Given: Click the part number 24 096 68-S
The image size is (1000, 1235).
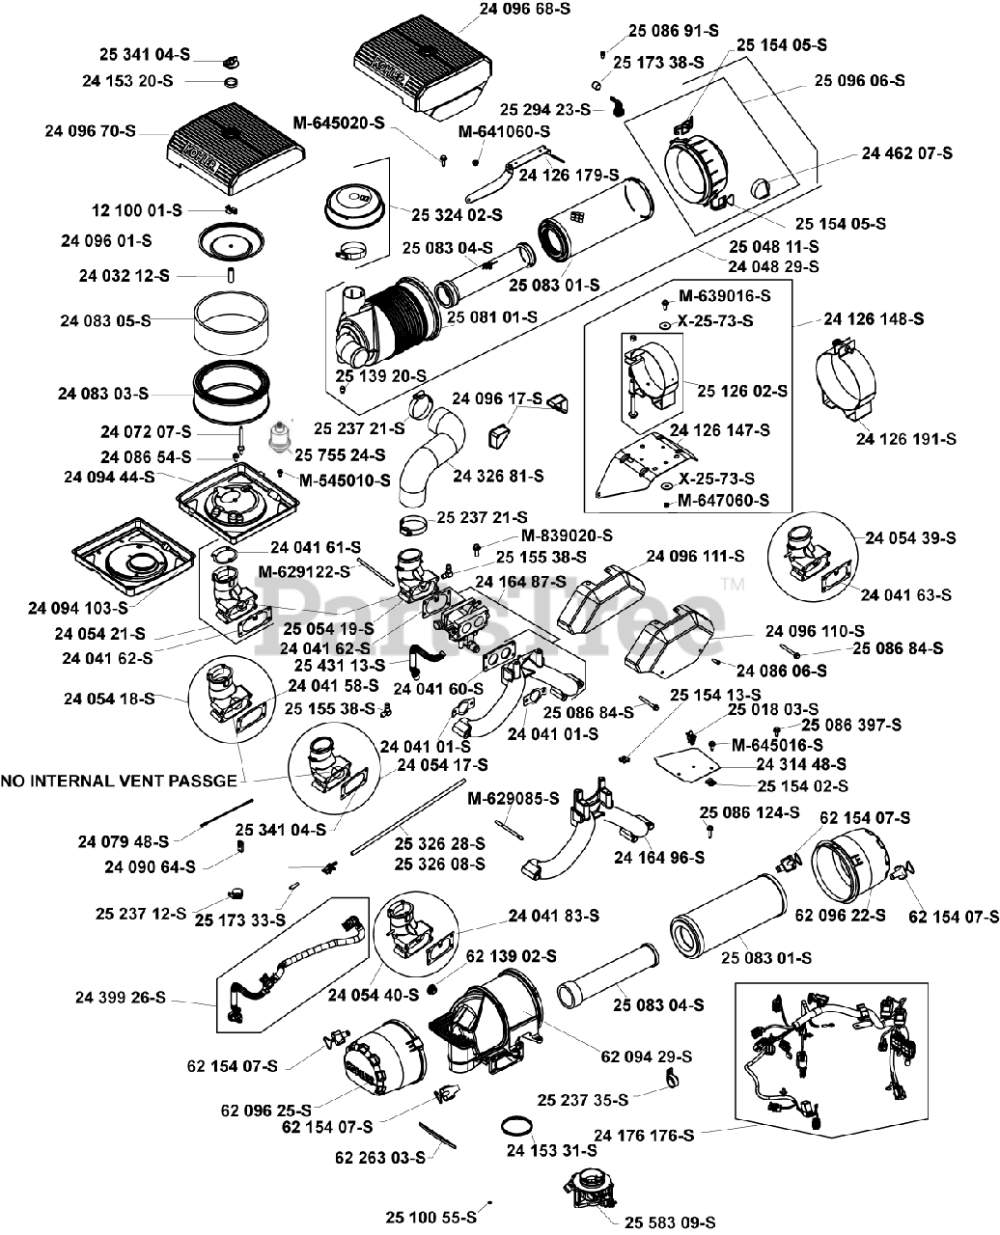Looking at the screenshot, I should pos(527,12).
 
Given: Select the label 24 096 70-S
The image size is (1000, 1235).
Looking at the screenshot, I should pos(91,130).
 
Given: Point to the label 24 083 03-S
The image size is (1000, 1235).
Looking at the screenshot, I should pos(103,394).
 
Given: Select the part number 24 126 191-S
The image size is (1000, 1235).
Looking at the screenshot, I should pos(905,439).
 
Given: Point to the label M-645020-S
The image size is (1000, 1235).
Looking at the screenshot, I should pos(339,123).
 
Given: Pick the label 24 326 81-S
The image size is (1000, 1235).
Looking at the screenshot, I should pos(498,476).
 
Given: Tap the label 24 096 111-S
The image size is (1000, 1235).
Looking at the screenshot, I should pos(696,556).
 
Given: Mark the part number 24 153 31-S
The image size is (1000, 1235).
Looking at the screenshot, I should pos(551,1150).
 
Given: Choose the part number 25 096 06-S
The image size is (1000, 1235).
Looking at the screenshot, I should pos(860,81).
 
